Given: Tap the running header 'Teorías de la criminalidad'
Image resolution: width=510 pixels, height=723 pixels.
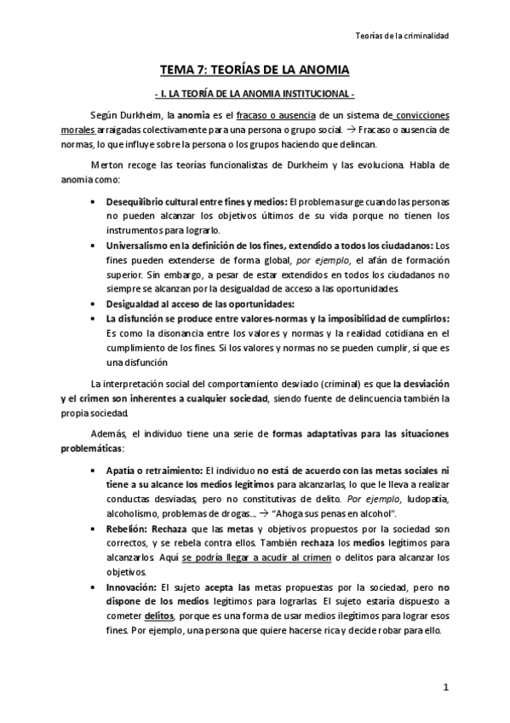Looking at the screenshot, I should (401, 36).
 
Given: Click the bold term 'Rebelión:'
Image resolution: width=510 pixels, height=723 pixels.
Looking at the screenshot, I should (125, 529).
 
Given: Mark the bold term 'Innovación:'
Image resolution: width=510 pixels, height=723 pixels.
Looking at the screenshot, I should (130, 587).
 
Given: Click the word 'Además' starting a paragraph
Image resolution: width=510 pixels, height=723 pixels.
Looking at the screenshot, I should (107, 434).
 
